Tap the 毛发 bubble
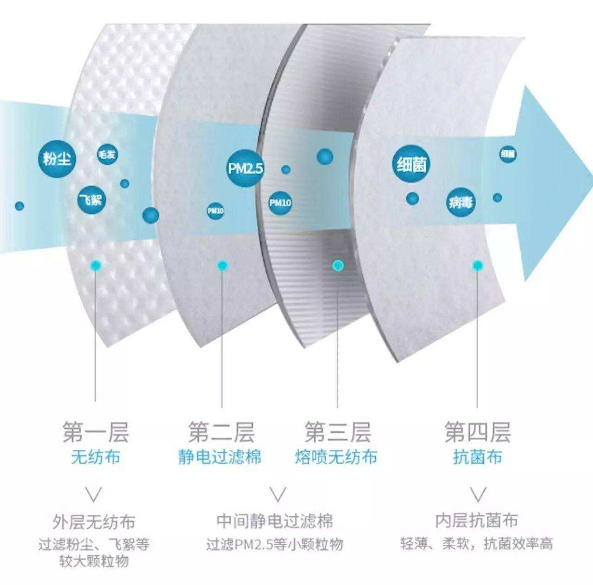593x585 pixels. [107, 155]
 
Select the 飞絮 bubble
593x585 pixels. [91, 200]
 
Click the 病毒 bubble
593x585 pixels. [461, 202]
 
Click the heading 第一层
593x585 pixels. [95, 432]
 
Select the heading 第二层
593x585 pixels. [221, 432]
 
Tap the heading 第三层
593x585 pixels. [338, 432]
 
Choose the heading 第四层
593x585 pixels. [478, 432]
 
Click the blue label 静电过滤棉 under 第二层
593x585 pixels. [220, 457]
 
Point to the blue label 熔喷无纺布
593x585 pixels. [336, 457]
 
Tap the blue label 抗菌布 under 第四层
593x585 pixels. [478, 457]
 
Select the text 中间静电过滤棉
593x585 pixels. [275, 521]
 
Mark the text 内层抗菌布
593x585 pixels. [476, 521]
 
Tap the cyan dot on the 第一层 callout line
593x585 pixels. [95, 265]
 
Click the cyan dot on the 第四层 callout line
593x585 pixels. [478, 265]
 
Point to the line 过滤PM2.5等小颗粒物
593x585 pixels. [275, 544]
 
